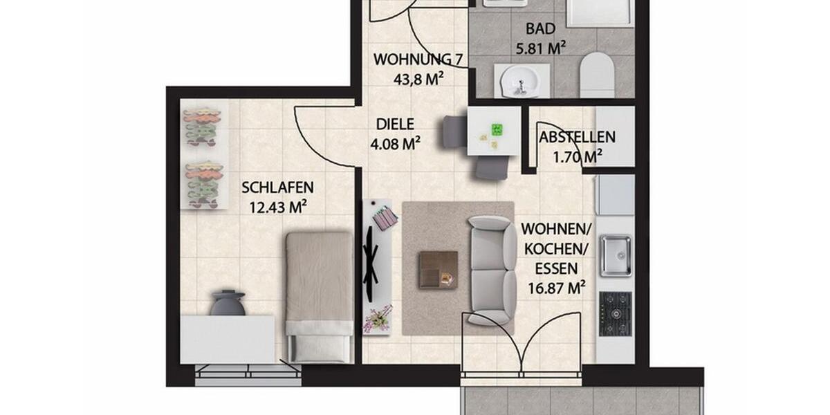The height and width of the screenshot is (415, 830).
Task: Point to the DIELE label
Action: [395, 124]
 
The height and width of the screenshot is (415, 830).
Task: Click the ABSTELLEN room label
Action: [577, 137]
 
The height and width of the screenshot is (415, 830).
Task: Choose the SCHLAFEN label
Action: [277, 187]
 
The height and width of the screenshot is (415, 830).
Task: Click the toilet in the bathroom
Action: [597, 75]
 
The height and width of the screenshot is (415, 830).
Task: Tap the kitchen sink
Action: [615, 255]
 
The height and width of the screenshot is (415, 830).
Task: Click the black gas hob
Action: [615, 313]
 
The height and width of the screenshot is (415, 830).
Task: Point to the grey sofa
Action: [491, 270]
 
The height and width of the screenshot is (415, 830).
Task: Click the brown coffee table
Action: [438, 269]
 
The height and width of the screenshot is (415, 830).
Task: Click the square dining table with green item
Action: [493, 131]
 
